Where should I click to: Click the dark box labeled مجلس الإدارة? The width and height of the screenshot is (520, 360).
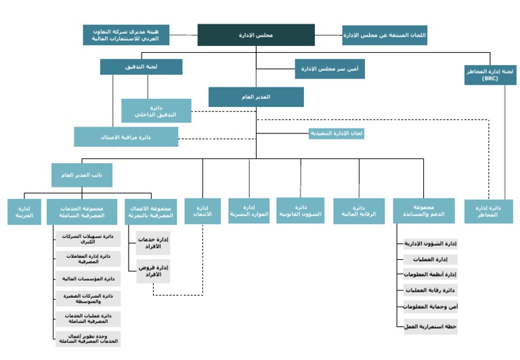tap(256, 35)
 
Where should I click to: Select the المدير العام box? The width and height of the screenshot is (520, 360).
tap(256, 97)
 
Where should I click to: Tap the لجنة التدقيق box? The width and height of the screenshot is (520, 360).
tap(141, 66)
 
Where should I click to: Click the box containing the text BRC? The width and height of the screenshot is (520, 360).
tap(490, 74)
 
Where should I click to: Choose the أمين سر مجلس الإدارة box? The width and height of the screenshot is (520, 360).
tap(330, 68)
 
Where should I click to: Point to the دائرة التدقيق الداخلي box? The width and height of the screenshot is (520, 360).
tap(156, 111)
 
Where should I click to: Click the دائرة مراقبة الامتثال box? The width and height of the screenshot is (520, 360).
tap(126, 137)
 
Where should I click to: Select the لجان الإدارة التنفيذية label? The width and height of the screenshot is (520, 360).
tap(337, 133)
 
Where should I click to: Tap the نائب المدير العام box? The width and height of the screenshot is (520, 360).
tap(82, 175)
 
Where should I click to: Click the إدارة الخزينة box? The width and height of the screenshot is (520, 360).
tap(24, 211)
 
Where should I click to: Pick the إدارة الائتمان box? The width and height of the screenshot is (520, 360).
tap(202, 211)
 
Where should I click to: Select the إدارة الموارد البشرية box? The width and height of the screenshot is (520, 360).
tap(248, 210)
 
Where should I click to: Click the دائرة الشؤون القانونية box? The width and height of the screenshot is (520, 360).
tap(301, 210)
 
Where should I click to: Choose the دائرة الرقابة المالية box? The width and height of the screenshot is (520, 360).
tap(359, 211)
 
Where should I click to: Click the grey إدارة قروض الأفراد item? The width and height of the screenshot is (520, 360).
tap(154, 271)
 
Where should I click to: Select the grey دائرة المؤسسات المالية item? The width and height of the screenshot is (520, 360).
tap(88, 278)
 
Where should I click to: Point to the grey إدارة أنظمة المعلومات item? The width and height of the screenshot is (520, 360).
tap(430, 274)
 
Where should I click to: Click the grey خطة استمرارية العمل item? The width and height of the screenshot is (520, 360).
tap(430, 326)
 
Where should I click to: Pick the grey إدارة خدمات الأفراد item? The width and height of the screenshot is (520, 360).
tap(154, 243)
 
